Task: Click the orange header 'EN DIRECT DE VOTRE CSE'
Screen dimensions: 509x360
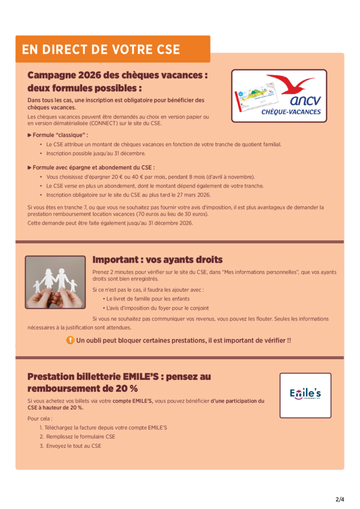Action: (101, 50)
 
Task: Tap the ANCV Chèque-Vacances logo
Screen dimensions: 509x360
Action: (279, 96)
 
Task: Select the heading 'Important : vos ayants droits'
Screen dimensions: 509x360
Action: (157, 260)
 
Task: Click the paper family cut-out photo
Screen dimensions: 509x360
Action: (55, 282)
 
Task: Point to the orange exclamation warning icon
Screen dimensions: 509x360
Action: (71, 340)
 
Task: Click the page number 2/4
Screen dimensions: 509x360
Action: (340, 499)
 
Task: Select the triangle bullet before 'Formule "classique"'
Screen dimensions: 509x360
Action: (30, 135)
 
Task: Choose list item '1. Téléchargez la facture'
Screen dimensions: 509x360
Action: (103, 427)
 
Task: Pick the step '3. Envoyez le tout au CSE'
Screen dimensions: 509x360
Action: (70, 446)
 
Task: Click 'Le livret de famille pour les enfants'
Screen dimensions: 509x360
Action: (146, 299)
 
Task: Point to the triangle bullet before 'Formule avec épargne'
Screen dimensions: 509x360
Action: (30, 168)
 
